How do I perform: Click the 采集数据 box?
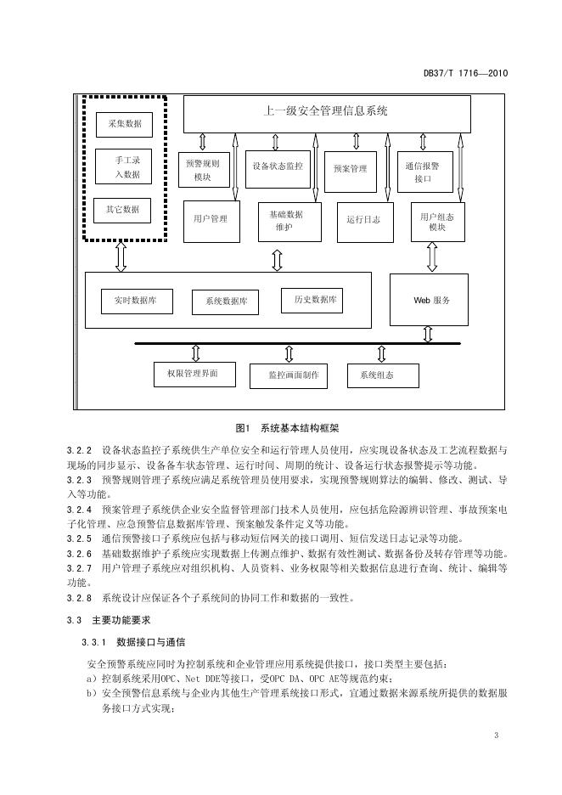pos(124,125)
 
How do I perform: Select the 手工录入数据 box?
pos(124,166)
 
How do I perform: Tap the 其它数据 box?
pos(122,211)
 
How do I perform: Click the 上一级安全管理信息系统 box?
pos(327,114)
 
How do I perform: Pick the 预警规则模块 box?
pos(204,170)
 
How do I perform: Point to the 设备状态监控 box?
pos(278,169)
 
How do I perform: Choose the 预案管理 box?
pos(350,172)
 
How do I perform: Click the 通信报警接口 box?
pos(424,172)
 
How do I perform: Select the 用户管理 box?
pos(211,222)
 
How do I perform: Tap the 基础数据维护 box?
pos(289,222)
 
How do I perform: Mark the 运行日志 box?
pos(365,222)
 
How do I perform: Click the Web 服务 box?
pos(429,300)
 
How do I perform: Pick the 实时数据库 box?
pos(137,302)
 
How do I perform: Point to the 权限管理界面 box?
pos(194,375)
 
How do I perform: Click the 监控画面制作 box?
pos(289,376)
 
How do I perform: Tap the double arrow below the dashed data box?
pos(121,256)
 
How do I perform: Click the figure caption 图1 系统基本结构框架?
pos(287,428)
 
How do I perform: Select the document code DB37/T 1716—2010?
pos(466,73)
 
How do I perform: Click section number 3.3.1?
pos(93,642)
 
